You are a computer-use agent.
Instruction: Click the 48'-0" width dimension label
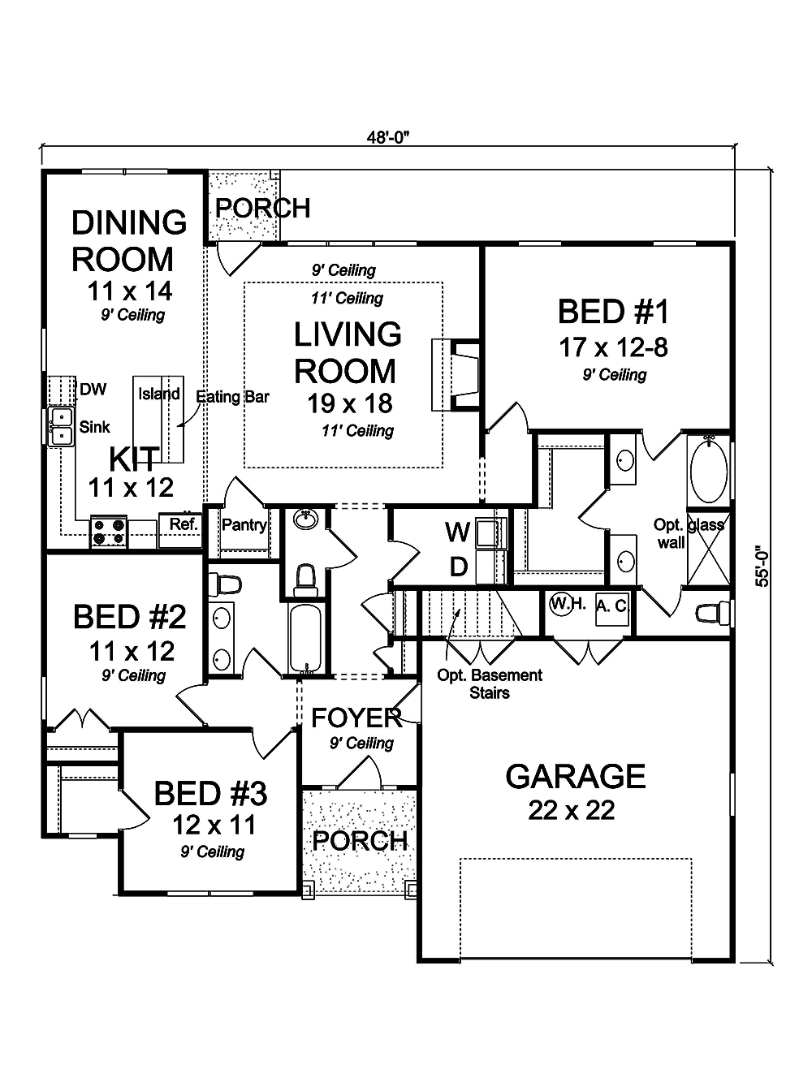click(x=387, y=136)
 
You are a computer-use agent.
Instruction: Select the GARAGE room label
click(x=575, y=777)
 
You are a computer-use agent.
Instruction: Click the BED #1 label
click(x=613, y=312)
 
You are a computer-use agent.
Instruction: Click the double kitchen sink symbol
click(x=59, y=427)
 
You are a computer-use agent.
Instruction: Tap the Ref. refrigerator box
click(x=183, y=525)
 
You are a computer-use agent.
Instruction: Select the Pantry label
click(x=244, y=525)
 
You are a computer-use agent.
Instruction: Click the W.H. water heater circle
click(x=561, y=603)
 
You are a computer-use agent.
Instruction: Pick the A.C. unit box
click(x=611, y=606)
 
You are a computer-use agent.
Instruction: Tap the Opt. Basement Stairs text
click(x=490, y=683)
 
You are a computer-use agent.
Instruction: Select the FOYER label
click(x=356, y=718)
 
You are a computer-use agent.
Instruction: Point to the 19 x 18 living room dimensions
click(x=349, y=403)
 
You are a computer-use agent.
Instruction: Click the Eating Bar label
click(x=233, y=397)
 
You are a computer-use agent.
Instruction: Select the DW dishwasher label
click(x=93, y=390)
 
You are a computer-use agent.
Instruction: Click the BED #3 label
click(x=210, y=793)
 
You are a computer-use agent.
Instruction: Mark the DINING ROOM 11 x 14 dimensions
click(x=130, y=290)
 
